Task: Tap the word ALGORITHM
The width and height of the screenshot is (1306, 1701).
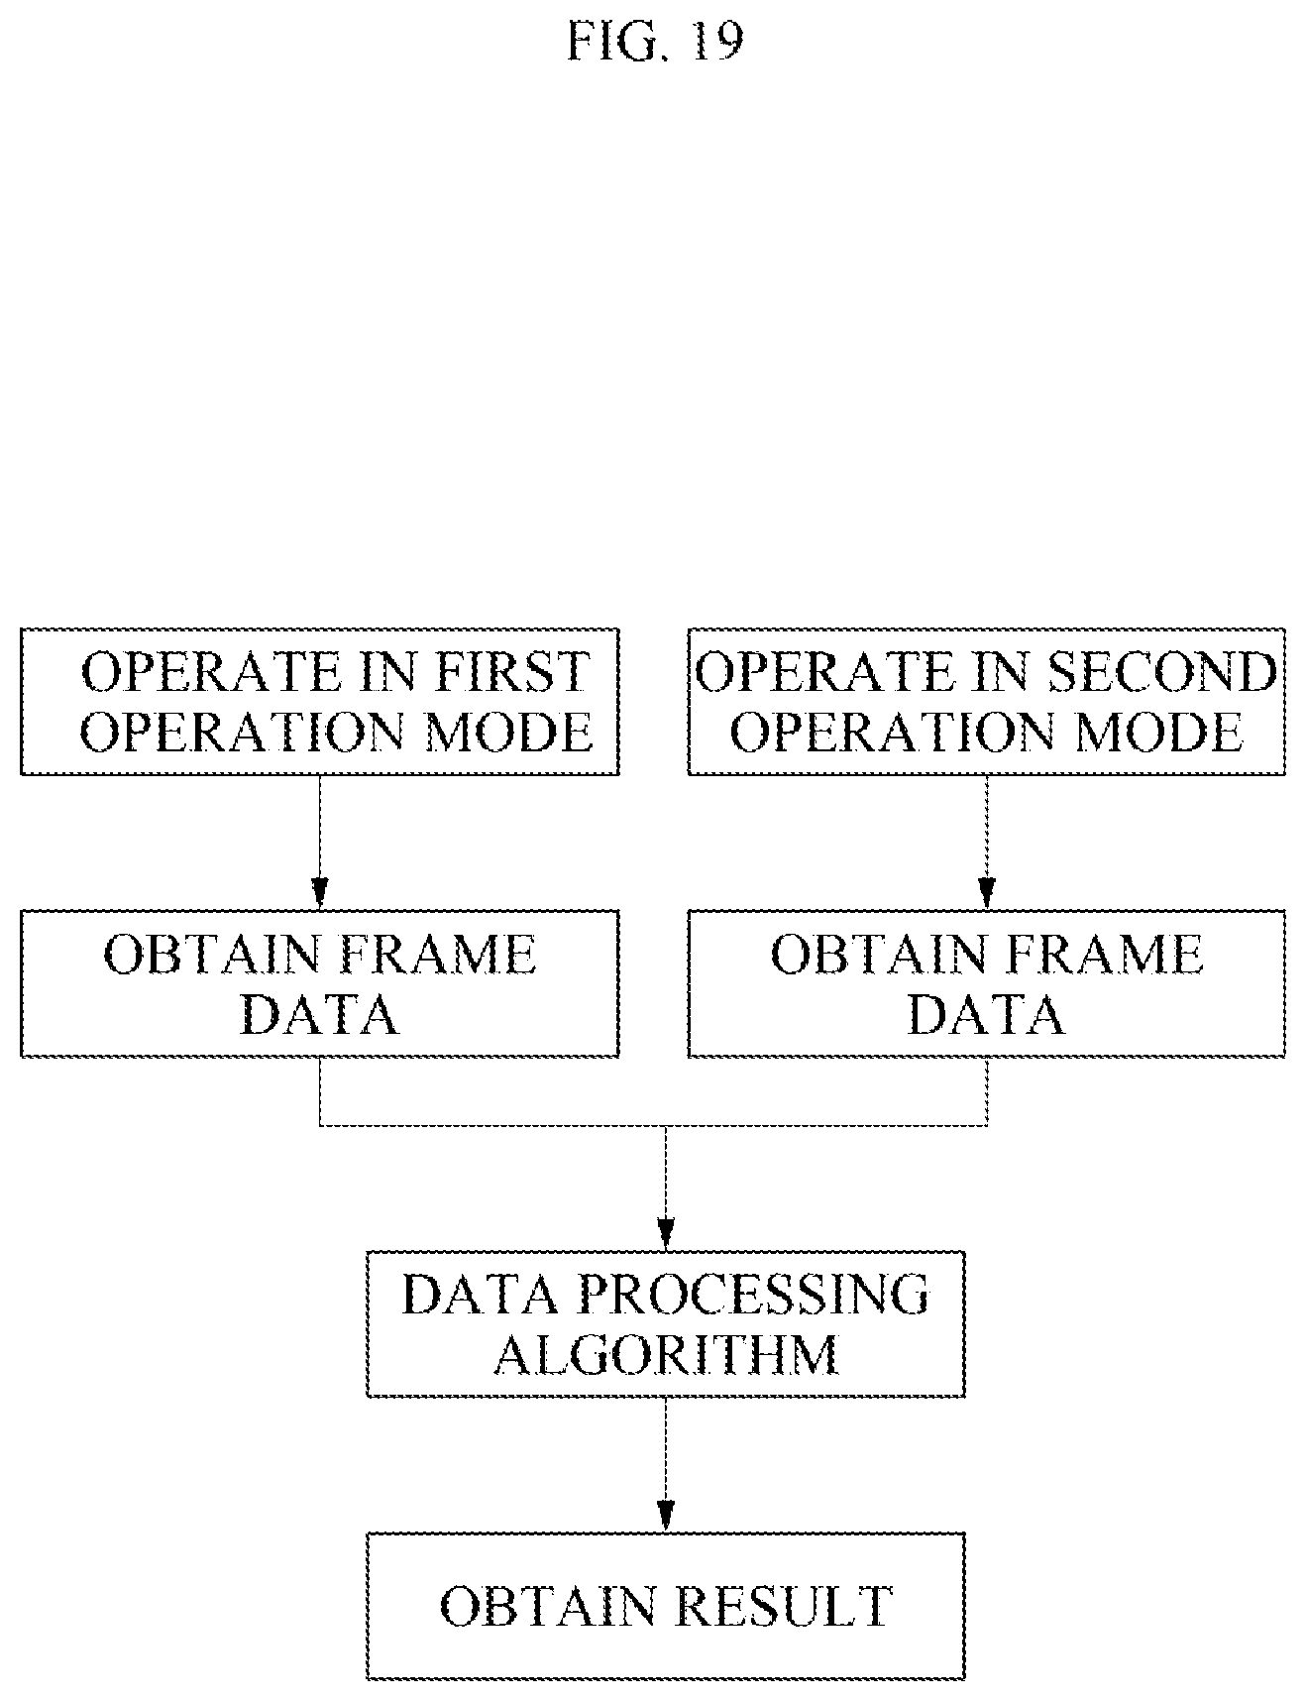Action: pos(666,1354)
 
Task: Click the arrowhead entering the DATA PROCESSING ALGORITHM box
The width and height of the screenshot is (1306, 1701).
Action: pos(666,1234)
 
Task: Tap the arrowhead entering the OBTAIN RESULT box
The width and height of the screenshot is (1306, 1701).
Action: pos(666,1517)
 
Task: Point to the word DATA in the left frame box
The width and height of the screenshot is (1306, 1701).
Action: pos(320,1014)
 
